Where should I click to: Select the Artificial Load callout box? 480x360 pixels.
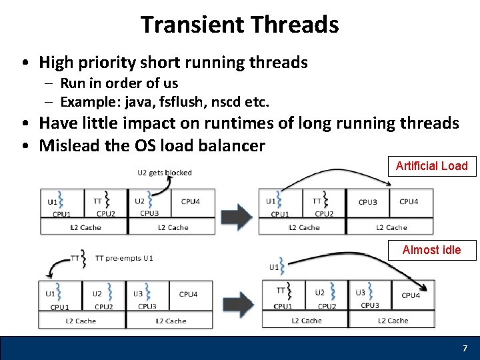click(x=432, y=166)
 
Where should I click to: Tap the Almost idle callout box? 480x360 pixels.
click(x=432, y=250)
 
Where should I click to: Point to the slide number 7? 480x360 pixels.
click(x=465, y=349)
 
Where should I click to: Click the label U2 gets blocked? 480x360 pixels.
click(x=165, y=173)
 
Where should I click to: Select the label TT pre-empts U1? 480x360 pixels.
click(x=124, y=258)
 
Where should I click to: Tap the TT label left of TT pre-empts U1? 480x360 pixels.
click(x=75, y=258)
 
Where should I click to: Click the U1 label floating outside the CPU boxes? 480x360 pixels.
click(x=274, y=267)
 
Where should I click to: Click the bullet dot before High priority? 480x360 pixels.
click(x=24, y=63)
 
